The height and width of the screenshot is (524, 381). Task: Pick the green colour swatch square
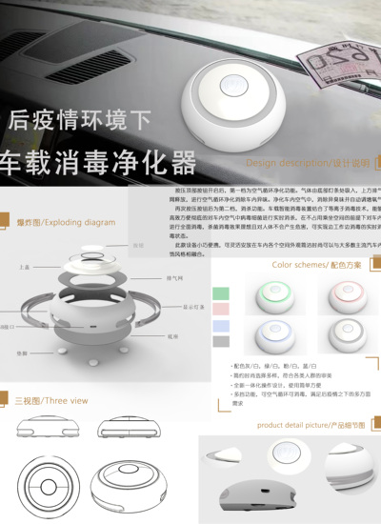221,292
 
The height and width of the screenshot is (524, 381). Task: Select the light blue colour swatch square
221,326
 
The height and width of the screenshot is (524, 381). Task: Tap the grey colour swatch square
221,341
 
